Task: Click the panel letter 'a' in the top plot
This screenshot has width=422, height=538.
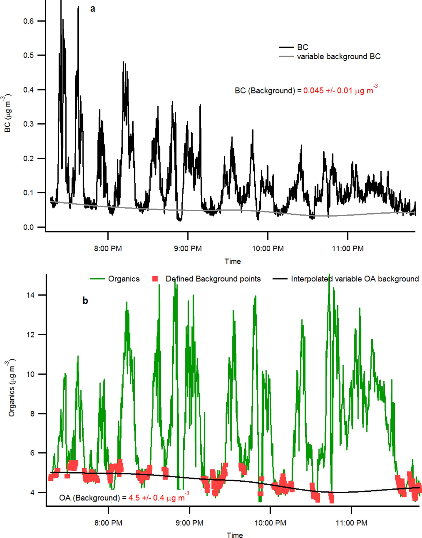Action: click(x=93, y=9)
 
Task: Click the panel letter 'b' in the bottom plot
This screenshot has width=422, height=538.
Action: click(x=85, y=301)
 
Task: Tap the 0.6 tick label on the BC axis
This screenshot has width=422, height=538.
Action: click(x=29, y=21)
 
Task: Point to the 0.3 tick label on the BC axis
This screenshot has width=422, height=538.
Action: click(x=29, y=124)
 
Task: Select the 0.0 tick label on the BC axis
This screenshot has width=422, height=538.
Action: click(x=29, y=227)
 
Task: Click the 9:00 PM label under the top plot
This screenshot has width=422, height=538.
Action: click(x=188, y=248)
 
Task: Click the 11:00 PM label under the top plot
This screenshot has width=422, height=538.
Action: click(x=348, y=248)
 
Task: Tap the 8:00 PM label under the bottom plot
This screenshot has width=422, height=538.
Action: click(x=108, y=523)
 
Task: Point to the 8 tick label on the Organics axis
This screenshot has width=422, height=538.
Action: click(x=32, y=414)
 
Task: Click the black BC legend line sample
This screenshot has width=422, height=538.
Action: click(x=286, y=47)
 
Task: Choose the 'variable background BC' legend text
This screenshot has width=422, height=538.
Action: click(x=339, y=57)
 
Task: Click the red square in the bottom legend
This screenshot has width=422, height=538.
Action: click(x=155, y=279)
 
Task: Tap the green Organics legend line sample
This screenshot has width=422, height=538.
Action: click(x=97, y=279)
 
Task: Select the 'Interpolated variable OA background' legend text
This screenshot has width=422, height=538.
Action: click(x=355, y=279)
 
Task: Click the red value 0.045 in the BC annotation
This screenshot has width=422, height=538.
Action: click(x=313, y=91)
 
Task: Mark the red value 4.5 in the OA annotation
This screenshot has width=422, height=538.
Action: click(x=134, y=498)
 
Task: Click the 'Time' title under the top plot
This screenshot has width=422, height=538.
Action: click(x=233, y=261)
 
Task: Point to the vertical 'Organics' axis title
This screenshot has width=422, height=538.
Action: click(x=11, y=389)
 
